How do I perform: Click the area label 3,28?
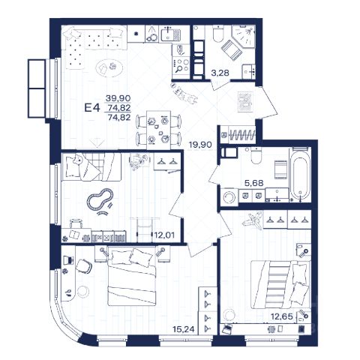[x=220, y=73]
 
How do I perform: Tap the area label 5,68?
[x=254, y=183]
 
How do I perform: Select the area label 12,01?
[x=164, y=235]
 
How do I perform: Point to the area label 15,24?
[x=184, y=329]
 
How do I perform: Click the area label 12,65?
[x=282, y=316]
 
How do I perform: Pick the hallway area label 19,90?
[x=200, y=145]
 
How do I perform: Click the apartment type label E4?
[x=92, y=108]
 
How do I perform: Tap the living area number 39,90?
[x=118, y=97]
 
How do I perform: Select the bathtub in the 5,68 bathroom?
[x=300, y=175]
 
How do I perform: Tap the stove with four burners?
[x=181, y=64]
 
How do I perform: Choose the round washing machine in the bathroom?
[x=229, y=197]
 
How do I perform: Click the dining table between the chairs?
[x=158, y=130]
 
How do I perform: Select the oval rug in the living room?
[x=109, y=67]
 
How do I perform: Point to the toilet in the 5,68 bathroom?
[x=256, y=155]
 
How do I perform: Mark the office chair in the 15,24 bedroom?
[x=84, y=266]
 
